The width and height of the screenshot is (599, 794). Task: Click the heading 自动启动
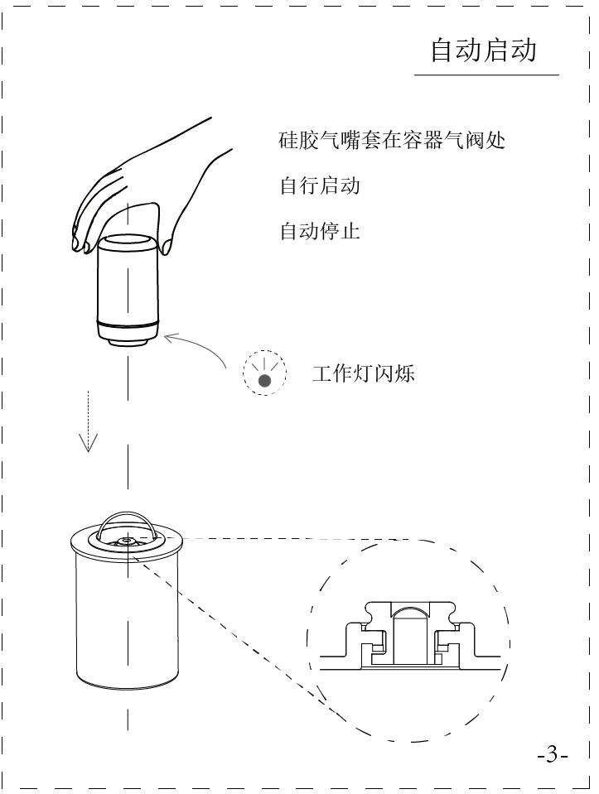pos(483,51)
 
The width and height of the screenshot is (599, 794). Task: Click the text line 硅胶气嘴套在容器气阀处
pos(392,140)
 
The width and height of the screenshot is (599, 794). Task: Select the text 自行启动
pos(320,185)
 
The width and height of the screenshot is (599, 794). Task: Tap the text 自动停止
pos(320,230)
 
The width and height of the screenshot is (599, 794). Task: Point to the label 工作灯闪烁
pos(363,373)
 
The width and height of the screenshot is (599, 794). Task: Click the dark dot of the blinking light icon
pos(264,380)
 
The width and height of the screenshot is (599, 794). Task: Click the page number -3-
pos(552,755)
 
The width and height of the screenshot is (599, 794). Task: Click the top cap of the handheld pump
pos(128,242)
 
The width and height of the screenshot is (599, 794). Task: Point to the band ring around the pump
pos(128,320)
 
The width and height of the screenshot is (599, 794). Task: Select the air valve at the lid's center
pos(126,541)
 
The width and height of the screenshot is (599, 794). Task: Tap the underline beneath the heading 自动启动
pos(486,76)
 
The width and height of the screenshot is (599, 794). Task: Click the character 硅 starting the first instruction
pos(287,140)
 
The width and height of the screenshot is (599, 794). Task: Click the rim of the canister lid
pos(83,546)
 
